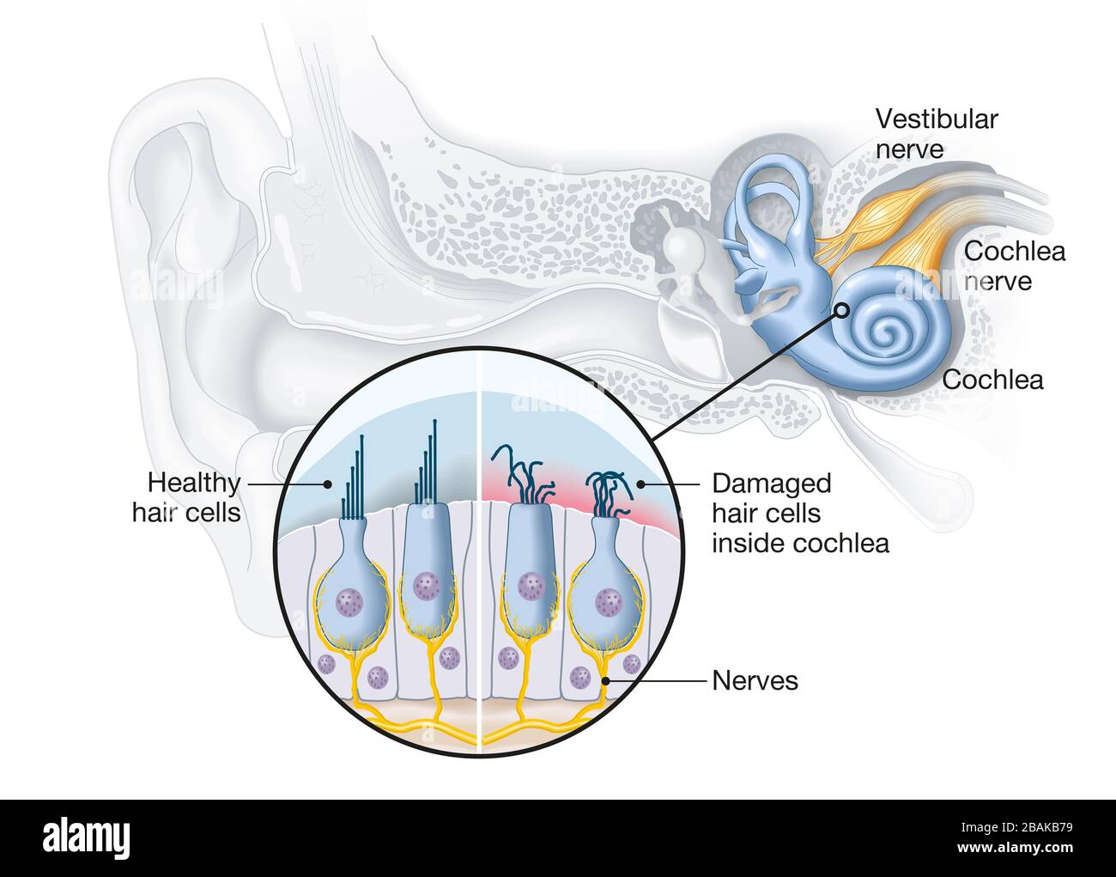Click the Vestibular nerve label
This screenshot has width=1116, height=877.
(x=937, y=133)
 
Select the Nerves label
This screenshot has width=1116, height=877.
(x=755, y=681)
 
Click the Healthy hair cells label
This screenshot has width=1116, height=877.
(x=186, y=497)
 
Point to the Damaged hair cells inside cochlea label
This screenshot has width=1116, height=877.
(x=799, y=513)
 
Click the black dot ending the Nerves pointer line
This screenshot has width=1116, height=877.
(x=606, y=682)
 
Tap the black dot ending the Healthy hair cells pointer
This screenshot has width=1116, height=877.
(x=327, y=484)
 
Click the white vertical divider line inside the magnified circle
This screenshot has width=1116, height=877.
(x=480, y=550)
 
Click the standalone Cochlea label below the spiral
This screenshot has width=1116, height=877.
(x=992, y=379)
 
